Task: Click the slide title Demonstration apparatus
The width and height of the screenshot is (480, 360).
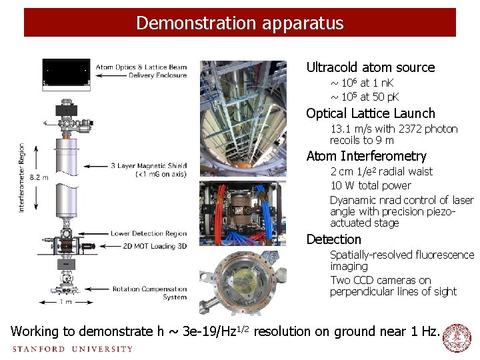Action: pos(240,23)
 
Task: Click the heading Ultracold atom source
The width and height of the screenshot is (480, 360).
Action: pos(370,67)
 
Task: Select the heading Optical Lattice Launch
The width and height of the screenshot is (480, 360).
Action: pos(370,113)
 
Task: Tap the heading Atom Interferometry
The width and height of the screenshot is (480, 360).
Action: pos(366,156)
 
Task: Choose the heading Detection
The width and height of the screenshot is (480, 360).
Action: pos(333,239)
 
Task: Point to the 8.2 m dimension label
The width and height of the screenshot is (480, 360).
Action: pos(39,177)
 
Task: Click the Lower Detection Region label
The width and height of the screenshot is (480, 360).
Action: pos(148,234)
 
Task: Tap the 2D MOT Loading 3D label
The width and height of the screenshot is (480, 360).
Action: pos(149,245)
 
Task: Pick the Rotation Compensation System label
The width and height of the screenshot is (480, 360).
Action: pos(149,293)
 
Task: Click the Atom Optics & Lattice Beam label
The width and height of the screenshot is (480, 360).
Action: pos(141,67)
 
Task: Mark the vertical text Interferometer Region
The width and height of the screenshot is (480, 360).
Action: pos(22,177)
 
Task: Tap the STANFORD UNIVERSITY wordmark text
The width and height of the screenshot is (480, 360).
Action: pos(72,349)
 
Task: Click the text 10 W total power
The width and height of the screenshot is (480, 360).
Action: pos(370,185)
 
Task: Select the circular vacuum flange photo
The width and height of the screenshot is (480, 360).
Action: pos(242,281)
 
